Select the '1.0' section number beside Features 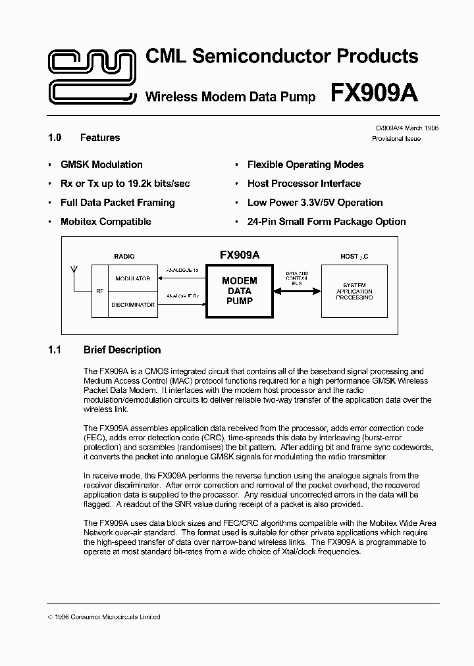[55, 138]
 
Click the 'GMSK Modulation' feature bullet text [101, 165]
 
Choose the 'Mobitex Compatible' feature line [105, 222]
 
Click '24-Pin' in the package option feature [261, 222]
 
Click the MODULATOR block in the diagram [132, 278]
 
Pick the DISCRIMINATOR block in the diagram [132, 305]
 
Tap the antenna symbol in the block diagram [74, 270]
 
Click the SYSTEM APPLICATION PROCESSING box [354, 291]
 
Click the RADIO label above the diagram [124, 256]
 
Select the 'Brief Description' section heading [122, 350]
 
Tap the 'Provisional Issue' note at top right [396, 139]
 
